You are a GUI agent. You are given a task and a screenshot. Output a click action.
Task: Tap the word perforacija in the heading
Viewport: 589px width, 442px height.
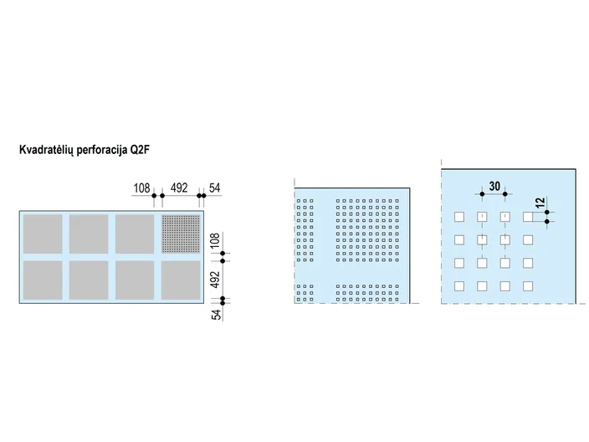(x=102, y=151)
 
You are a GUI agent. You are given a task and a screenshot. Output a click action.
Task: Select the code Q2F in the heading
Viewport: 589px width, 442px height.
(x=140, y=150)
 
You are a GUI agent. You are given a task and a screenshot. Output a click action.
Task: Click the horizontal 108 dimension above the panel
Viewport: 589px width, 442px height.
(x=142, y=188)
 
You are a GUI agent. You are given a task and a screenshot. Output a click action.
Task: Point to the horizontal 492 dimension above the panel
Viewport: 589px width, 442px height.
(x=179, y=188)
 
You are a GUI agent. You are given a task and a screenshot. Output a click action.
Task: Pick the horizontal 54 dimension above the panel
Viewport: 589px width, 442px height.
(x=214, y=188)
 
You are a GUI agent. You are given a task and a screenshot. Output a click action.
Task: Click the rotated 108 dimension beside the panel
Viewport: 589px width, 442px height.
(x=214, y=240)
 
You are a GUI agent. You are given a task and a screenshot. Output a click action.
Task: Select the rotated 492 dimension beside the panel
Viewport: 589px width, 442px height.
(x=214, y=280)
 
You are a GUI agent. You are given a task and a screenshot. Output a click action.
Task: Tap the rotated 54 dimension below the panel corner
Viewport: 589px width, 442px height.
(x=216, y=315)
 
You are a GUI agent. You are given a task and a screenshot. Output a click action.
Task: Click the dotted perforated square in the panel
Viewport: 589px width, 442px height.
(x=181, y=234)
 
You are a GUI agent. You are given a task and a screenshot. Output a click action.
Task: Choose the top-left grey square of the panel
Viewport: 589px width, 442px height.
(x=43, y=234)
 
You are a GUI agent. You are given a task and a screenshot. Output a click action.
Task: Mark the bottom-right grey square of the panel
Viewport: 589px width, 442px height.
(x=181, y=280)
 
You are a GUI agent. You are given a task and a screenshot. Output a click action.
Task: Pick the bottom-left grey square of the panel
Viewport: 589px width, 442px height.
(x=43, y=280)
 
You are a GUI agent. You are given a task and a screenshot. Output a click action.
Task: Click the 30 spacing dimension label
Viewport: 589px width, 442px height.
(x=494, y=186)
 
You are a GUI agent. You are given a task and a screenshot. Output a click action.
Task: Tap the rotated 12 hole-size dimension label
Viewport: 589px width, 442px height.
(x=540, y=203)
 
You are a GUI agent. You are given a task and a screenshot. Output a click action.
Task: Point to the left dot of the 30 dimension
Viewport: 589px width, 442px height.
(x=482, y=194)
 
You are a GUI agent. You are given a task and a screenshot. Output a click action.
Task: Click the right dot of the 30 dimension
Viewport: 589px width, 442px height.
(x=505, y=194)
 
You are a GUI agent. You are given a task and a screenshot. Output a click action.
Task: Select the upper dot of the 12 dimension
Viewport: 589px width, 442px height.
(x=547, y=213)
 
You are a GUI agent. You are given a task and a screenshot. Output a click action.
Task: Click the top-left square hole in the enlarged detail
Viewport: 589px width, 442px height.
(x=459, y=217)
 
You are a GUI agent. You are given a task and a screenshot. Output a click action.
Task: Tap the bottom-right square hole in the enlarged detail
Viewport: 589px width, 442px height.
(x=528, y=286)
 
